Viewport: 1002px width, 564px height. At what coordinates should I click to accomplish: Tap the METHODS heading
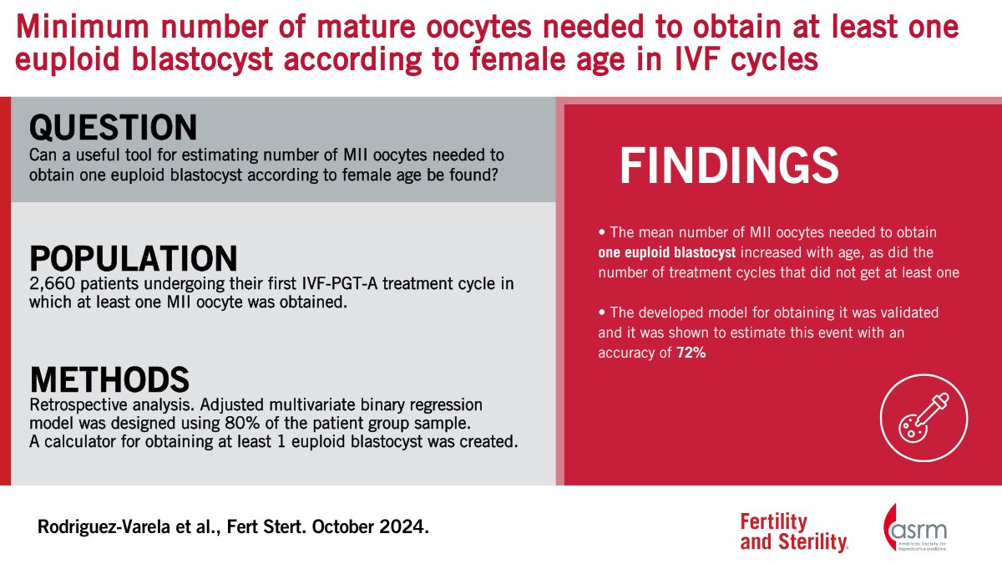109,379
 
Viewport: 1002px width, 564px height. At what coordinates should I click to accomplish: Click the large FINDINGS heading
728,166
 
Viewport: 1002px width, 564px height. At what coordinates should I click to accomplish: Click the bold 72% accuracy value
693,353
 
